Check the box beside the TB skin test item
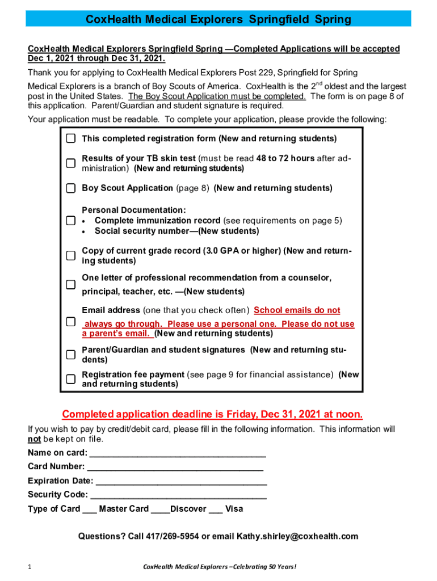(x=70, y=163)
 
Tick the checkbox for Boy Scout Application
(x=70, y=188)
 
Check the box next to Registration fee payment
(x=70, y=379)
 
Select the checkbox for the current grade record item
(x=70, y=256)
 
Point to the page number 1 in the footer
(x=30, y=567)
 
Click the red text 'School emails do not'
(x=297, y=310)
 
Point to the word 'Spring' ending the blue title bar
(x=334, y=20)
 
